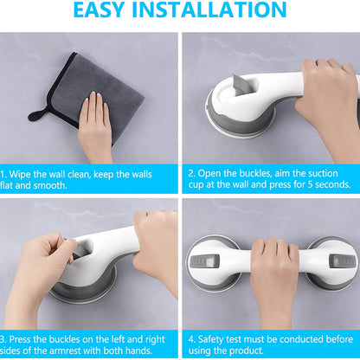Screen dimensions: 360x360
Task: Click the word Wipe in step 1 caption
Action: [24, 175]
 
